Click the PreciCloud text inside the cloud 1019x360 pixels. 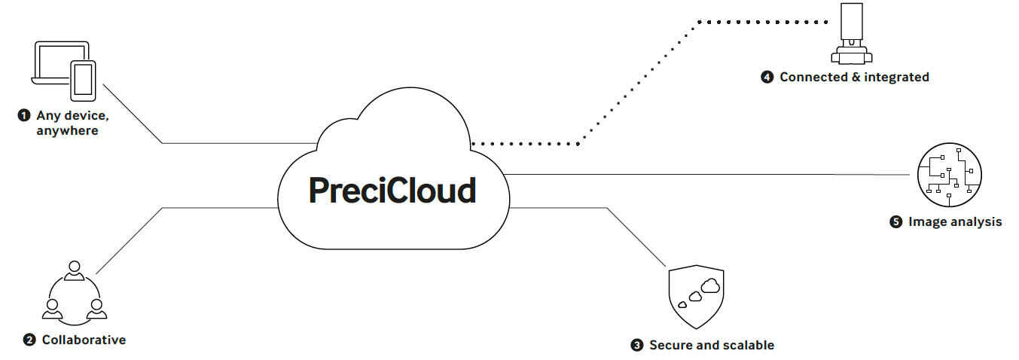coord(392,190)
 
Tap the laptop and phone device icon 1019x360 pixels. coord(65,71)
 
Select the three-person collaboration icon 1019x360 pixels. coord(73,293)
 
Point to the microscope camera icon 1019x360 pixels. coord(851,34)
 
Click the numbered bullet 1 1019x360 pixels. coord(24,115)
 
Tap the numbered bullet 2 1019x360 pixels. coord(29,340)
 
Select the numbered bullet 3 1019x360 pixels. coord(636,346)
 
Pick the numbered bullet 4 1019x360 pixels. coord(767,77)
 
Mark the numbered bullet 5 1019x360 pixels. coord(895,222)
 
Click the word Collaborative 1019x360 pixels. coord(84,340)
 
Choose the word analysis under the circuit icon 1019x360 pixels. coord(975,221)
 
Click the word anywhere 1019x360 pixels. coord(67,131)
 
